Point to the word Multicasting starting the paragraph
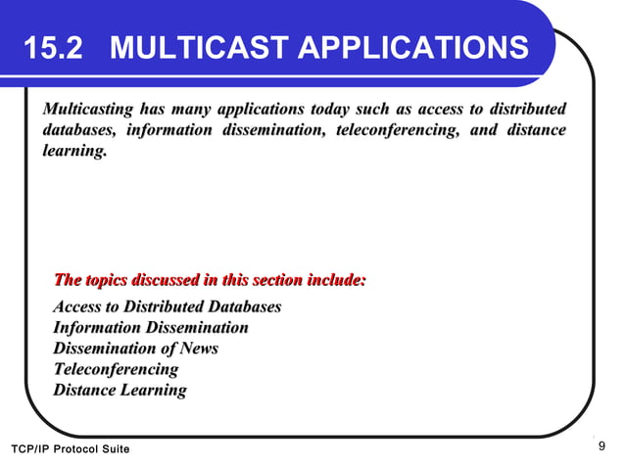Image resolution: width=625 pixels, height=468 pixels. click(89, 108)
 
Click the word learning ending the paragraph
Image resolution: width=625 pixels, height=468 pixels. click(73, 153)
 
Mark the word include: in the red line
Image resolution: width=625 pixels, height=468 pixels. click(336, 281)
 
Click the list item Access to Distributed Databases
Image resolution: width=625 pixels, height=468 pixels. click(167, 306)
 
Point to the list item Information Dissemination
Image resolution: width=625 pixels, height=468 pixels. click(150, 327)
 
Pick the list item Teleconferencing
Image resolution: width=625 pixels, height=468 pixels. click(116, 369)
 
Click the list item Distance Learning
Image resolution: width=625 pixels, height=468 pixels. click(120, 391)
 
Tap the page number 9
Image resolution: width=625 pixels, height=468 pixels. click(601, 447)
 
